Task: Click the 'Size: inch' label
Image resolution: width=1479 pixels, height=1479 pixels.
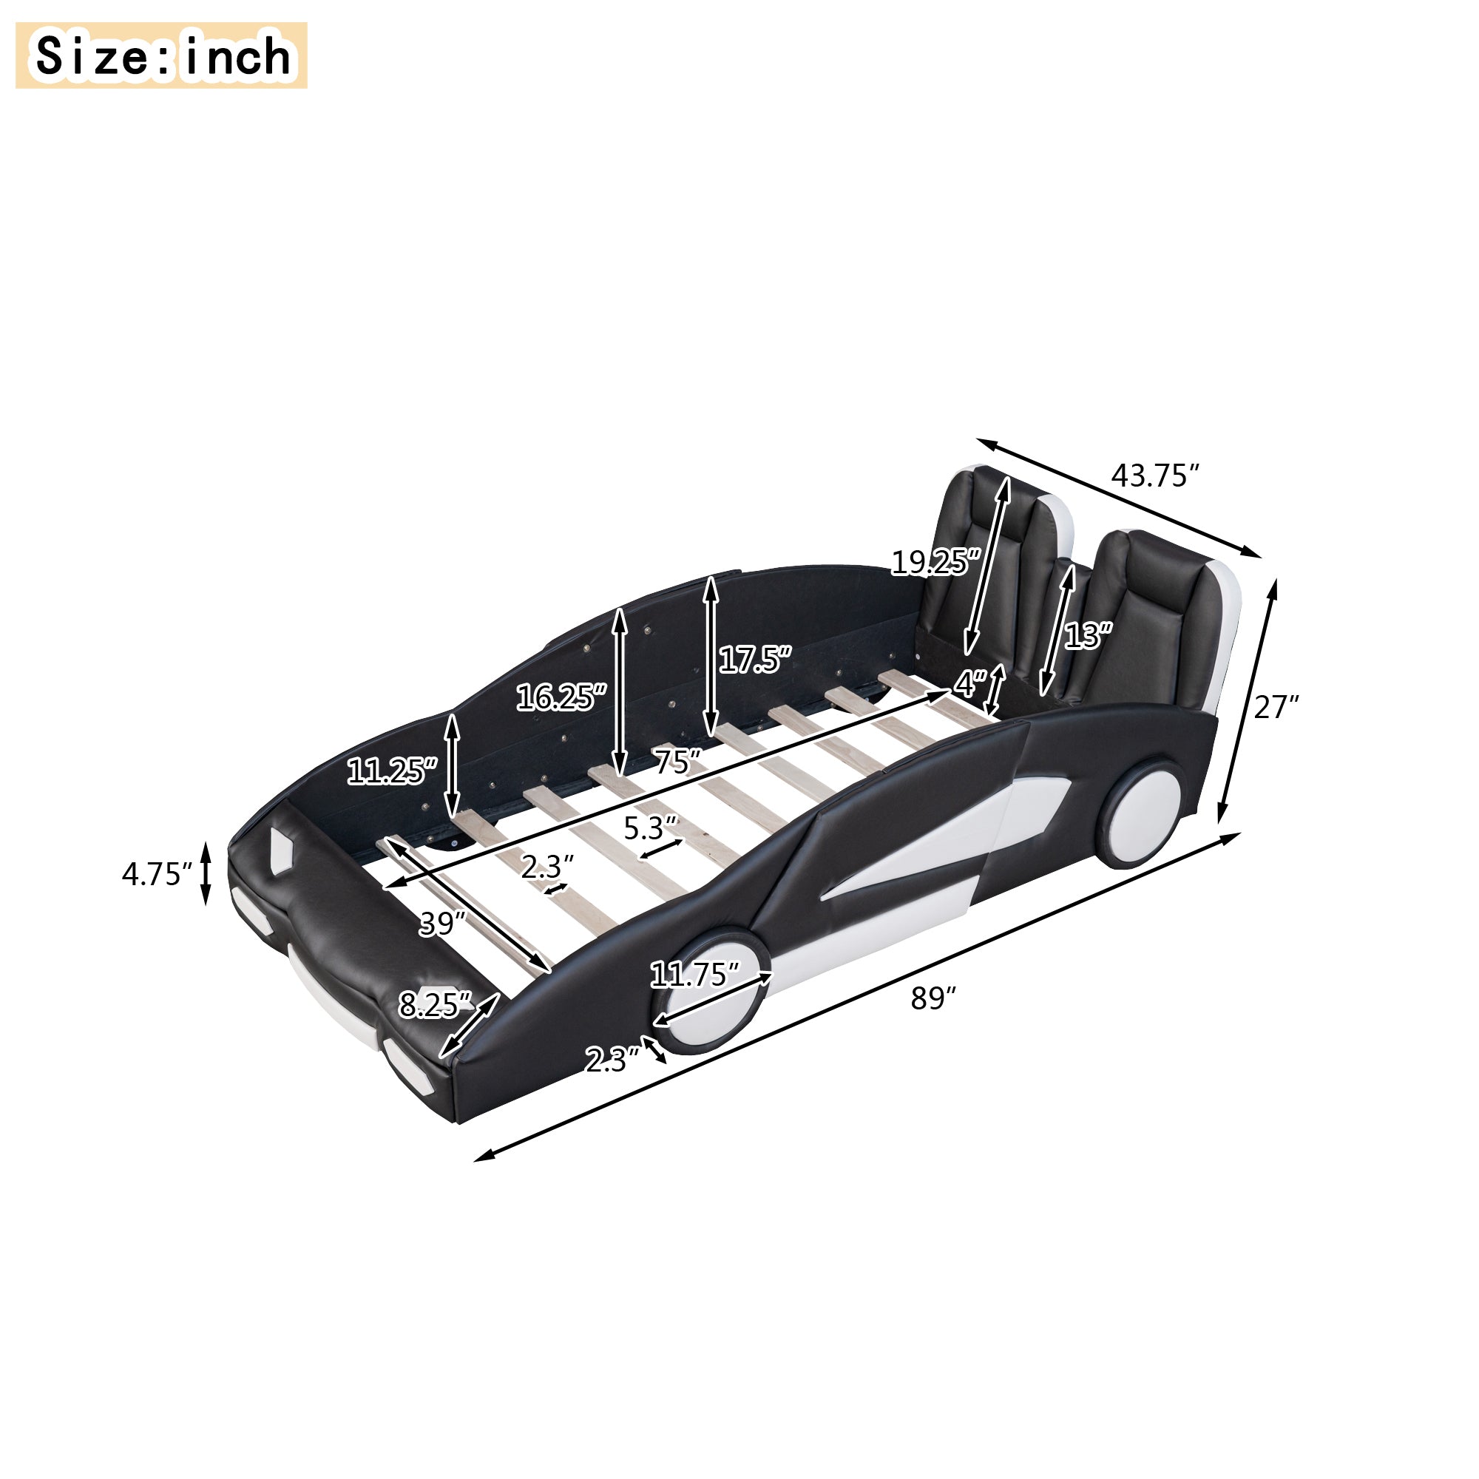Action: click(x=161, y=56)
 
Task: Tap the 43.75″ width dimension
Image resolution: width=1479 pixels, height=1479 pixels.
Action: click(x=1154, y=475)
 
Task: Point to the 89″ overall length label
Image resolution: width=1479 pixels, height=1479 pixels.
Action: click(x=934, y=998)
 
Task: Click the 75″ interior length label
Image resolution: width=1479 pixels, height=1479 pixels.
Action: click(x=677, y=762)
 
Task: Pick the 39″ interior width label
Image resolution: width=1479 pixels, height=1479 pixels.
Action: click(x=441, y=924)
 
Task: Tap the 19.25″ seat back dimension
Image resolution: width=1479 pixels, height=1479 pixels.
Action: click(x=935, y=563)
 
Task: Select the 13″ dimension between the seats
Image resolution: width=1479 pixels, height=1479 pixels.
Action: click(x=1088, y=635)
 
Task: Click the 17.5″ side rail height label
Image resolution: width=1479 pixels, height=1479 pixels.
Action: click(x=754, y=659)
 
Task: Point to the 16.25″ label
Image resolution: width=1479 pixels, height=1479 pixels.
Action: click(x=561, y=697)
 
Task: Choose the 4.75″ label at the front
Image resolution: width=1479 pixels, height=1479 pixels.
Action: click(x=156, y=873)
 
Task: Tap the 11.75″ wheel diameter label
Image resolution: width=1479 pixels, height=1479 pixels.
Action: click(x=694, y=975)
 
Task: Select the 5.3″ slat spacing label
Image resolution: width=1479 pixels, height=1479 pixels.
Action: click(x=650, y=828)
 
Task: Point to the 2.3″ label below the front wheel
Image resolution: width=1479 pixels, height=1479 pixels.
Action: click(x=612, y=1061)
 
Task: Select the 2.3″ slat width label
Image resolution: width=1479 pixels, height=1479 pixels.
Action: click(x=546, y=867)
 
